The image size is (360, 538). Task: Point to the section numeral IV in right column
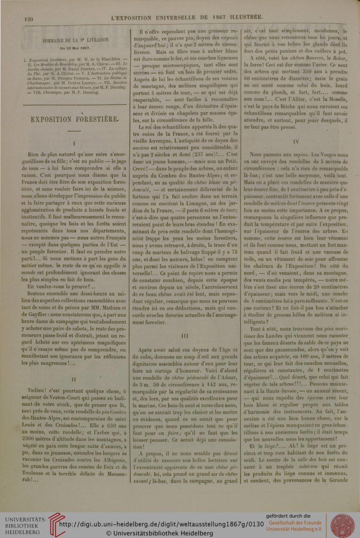(x=296, y=141)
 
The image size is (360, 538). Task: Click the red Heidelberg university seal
(x=341, y=525)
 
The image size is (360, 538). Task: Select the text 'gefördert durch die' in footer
(x=288, y=516)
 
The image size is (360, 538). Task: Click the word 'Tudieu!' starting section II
(x=39, y=379)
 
